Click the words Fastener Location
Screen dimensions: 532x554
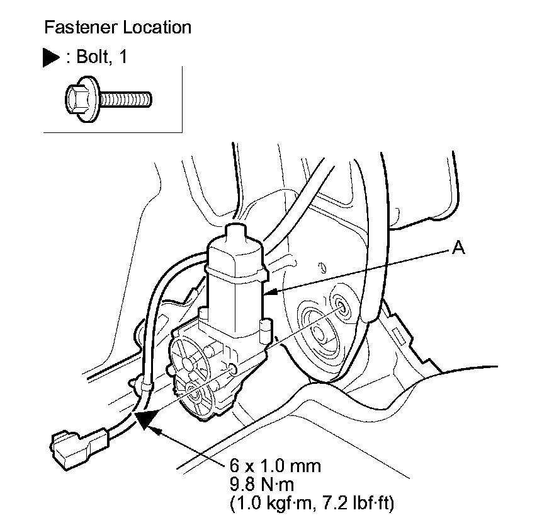117,28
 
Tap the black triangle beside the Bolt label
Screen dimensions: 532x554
52,57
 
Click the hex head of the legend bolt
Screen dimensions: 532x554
78,98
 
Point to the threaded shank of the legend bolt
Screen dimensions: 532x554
126,98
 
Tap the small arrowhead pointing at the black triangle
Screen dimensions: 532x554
159,431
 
